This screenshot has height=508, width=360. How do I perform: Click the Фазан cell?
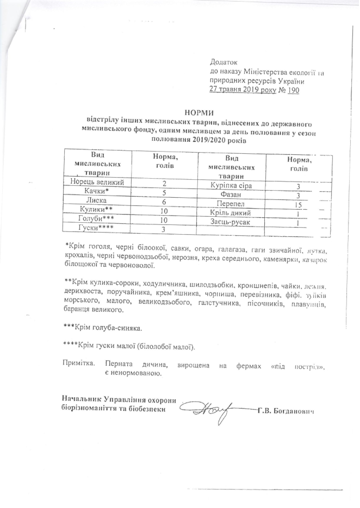coord(232,195)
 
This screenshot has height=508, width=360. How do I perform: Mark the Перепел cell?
coord(232,204)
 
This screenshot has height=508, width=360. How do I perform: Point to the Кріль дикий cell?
coord(232,214)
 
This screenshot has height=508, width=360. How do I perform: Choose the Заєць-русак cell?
coord(232,222)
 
